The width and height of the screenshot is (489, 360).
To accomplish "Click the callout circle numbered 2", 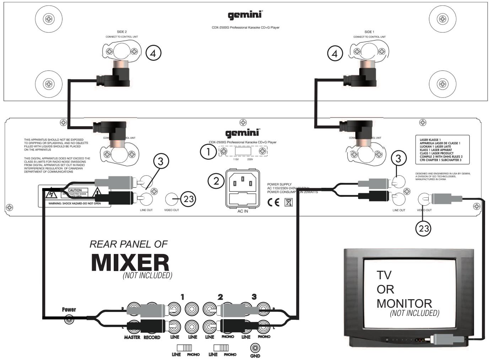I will pos(216,181).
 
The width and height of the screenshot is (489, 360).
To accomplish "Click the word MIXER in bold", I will pos(130,263).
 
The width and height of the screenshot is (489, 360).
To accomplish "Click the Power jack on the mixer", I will pos(69,320).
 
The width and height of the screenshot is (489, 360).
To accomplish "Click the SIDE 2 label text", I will pos(122,32).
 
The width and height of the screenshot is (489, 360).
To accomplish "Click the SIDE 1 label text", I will pos(369,32).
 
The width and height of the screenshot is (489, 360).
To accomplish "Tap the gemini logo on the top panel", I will pos(245,15).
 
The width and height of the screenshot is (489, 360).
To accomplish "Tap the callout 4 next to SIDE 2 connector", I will pos(154,53).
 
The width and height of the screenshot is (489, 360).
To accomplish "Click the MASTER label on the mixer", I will pos(132,337).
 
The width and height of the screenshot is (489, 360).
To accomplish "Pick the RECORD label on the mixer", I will pos(152,337).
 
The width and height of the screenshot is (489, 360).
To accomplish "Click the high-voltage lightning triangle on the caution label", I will pos(49,195).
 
